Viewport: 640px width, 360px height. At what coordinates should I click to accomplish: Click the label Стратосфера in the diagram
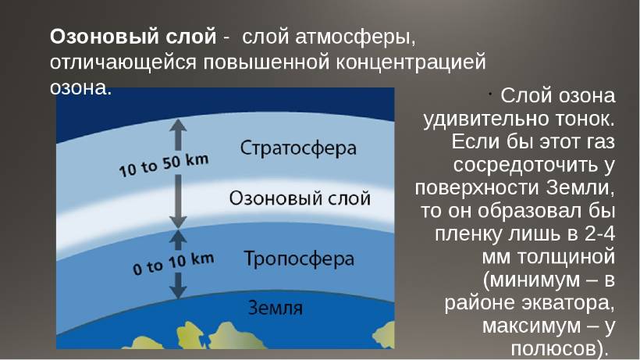pyautogui.click(x=298, y=148)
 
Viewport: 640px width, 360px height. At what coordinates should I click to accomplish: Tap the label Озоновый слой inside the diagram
pyautogui.click(x=300, y=198)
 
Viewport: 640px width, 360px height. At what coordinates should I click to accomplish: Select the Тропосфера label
pyautogui.click(x=299, y=259)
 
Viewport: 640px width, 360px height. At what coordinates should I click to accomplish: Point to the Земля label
pyautogui.click(x=276, y=308)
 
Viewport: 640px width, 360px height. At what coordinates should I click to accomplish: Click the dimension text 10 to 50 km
pyautogui.click(x=164, y=166)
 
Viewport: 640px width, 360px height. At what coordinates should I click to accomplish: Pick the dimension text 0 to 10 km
pyautogui.click(x=173, y=264)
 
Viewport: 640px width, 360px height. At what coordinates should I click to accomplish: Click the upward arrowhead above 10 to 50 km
pyautogui.click(x=178, y=127)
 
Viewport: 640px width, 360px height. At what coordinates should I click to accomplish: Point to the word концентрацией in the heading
pyautogui.click(x=411, y=62)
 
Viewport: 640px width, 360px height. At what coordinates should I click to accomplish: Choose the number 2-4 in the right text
pyautogui.click(x=599, y=233)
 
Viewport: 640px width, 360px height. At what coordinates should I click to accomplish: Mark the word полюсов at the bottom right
pyautogui.click(x=555, y=348)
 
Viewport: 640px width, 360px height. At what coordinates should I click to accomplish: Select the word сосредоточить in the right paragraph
pyautogui.click(x=518, y=166)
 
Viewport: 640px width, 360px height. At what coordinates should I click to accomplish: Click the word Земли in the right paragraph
pyautogui.click(x=581, y=188)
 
